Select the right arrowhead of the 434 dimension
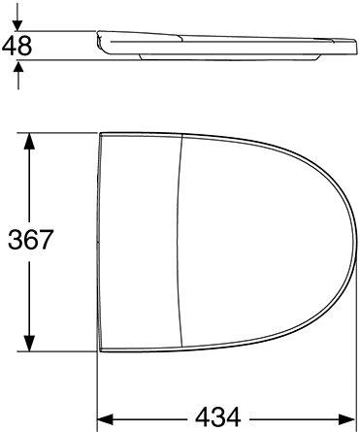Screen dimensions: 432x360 click(350, 418)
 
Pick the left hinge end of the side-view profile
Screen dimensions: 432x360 click(101, 40)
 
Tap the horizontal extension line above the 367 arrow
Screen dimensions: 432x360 click(58, 130)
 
